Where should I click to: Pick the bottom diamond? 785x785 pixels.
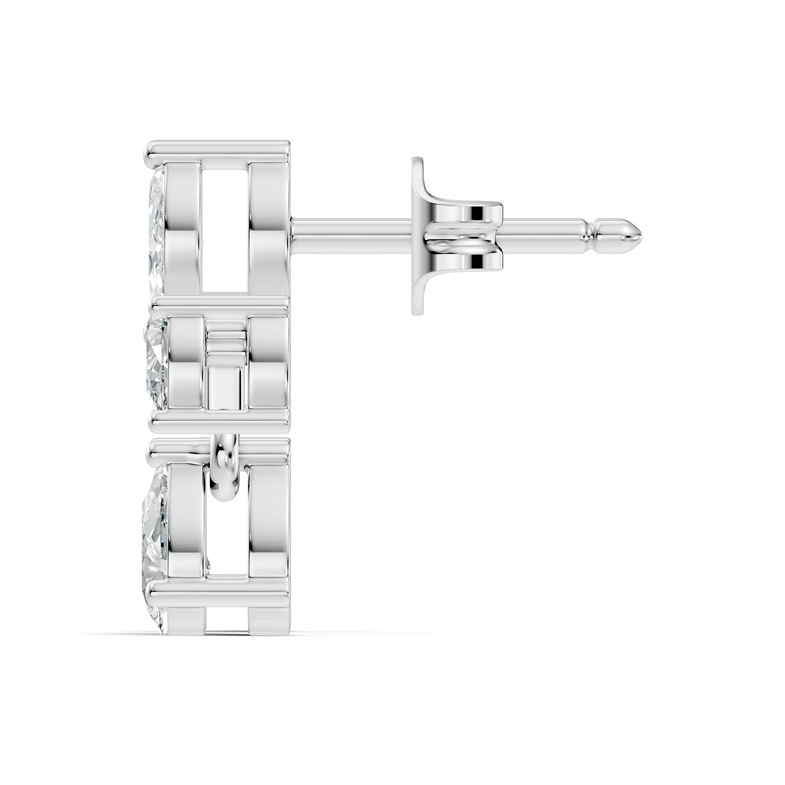click(x=155, y=528)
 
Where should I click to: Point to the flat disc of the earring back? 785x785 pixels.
click(x=417, y=235)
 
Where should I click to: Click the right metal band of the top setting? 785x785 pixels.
click(x=268, y=228)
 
